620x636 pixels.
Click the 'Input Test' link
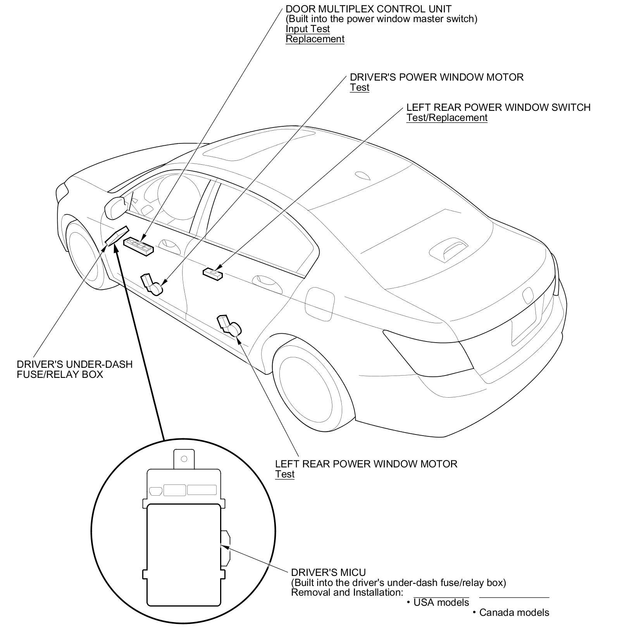tap(308, 29)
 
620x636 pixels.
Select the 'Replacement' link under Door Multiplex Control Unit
tap(315, 39)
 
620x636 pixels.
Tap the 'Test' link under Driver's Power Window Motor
tap(359, 87)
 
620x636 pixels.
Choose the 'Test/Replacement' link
tap(446, 117)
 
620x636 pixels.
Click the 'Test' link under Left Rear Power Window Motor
tap(284, 474)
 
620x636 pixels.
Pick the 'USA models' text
tap(441, 602)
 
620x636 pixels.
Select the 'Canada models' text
tap(514, 612)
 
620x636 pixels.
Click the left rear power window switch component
tap(213, 273)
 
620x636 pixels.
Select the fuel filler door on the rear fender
tap(320, 303)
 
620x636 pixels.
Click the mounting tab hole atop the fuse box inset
tap(184, 459)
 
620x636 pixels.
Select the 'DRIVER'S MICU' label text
tap(328, 572)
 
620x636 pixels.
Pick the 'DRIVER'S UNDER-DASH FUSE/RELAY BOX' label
tap(74, 369)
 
